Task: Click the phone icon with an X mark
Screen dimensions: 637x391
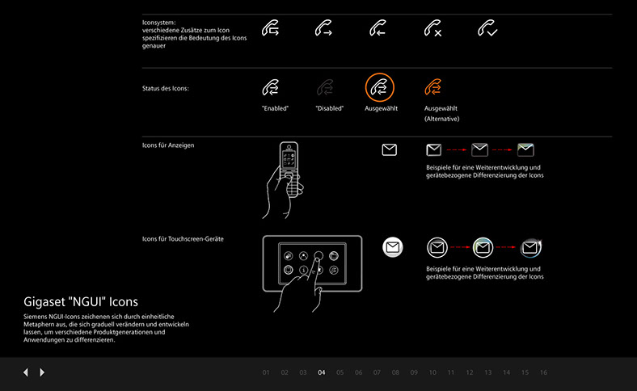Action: pyautogui.click(x=433, y=28)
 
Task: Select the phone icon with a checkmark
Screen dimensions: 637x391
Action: pyautogui.click(x=487, y=28)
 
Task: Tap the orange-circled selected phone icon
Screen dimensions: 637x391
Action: pyautogui.click(x=379, y=87)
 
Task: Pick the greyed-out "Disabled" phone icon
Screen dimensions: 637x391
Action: pyautogui.click(x=326, y=87)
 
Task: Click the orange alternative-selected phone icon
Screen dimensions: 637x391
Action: pyautogui.click(x=433, y=87)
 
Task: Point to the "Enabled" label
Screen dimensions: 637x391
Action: pyautogui.click(x=275, y=108)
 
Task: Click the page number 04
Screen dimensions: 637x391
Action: pyautogui.click(x=322, y=372)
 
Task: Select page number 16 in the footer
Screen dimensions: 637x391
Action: pyautogui.click(x=543, y=372)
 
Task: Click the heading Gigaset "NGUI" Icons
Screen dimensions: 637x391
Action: pyautogui.click(x=81, y=301)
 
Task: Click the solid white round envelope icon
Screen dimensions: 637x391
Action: pyautogui.click(x=392, y=247)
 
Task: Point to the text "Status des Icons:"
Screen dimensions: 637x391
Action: pyautogui.click(x=166, y=89)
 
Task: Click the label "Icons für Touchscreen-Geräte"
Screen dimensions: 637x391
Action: pyautogui.click(x=183, y=239)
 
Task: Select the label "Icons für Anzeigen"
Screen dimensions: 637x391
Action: pyautogui.click(x=168, y=145)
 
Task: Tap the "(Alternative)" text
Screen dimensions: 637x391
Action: pyautogui.click(x=442, y=119)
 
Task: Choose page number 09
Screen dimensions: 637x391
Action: pyautogui.click(x=414, y=372)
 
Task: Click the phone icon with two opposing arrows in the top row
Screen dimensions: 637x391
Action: pyautogui.click(x=271, y=28)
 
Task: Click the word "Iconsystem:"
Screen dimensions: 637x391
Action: pyautogui.click(x=158, y=23)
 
